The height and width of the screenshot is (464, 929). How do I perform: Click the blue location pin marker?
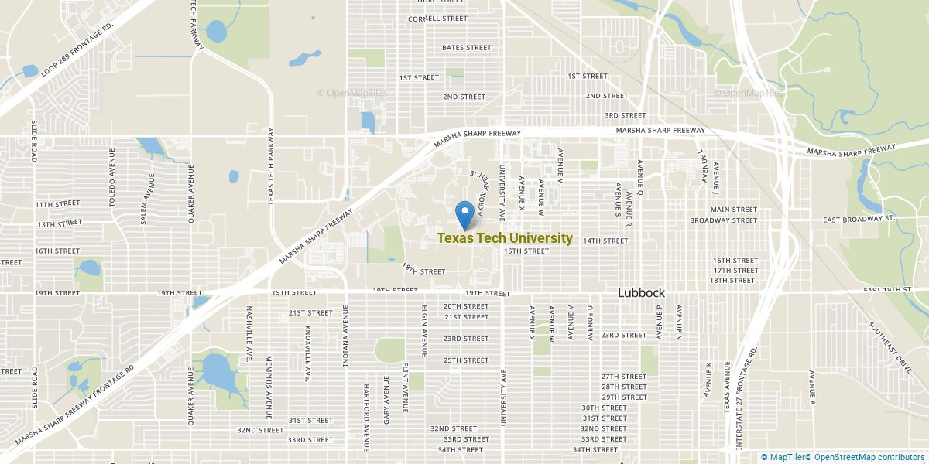(x=465, y=213)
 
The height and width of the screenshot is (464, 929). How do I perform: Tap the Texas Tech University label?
(x=505, y=239)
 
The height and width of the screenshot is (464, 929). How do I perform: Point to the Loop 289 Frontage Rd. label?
(x=77, y=48)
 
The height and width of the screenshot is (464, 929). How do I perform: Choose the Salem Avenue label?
(x=144, y=199)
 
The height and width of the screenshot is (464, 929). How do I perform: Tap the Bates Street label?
(x=466, y=48)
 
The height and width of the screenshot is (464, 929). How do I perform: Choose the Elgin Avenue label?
(x=424, y=325)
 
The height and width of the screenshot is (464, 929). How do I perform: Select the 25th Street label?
(x=466, y=360)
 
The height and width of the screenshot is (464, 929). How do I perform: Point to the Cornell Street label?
(x=437, y=19)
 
